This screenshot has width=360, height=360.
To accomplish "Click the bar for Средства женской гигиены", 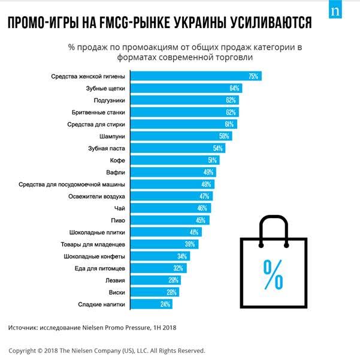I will coord(195,76).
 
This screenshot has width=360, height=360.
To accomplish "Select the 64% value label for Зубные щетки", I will coord(234,88).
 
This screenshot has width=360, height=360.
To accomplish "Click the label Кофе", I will coord(117,160).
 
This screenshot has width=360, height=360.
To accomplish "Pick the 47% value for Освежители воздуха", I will coord(204,196).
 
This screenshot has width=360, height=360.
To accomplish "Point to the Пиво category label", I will coord(117,220).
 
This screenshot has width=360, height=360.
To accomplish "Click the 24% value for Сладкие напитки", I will coord(165,304).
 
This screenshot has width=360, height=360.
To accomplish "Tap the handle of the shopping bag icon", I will coord(273,226).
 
